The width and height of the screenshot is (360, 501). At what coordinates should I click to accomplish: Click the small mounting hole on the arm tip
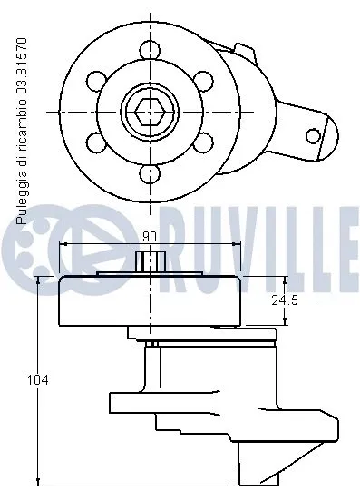point(313,136)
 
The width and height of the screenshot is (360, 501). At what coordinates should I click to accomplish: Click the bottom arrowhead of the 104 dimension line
point(38,481)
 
